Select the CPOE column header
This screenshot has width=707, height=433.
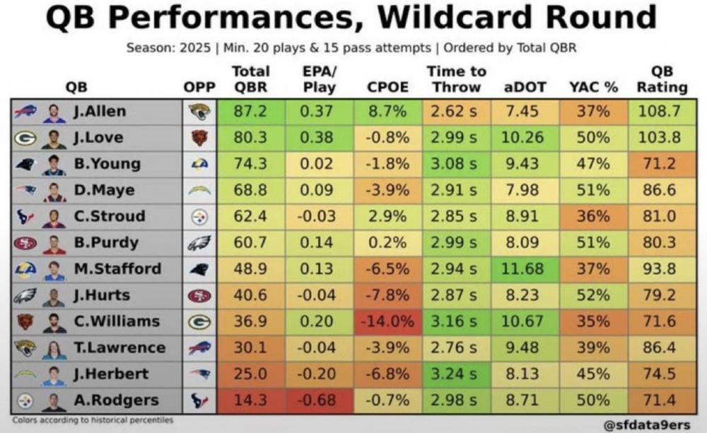pos(388,88)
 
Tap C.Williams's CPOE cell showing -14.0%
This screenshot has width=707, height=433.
pos(388,321)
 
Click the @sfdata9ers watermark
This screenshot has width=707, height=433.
pos(646,425)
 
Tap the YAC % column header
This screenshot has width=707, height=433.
pos(593,88)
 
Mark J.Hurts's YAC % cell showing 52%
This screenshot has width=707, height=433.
pos(593,295)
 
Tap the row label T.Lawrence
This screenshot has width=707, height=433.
pos(118,348)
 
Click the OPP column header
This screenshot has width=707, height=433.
pos(199,88)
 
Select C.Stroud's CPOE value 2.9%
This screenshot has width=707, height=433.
pos(388,216)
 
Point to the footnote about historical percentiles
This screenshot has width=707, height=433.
pos(93,420)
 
